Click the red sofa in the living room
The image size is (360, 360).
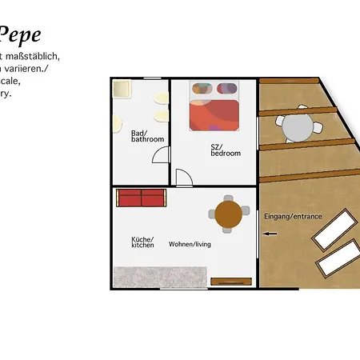(140, 197)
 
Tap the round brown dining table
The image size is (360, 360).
(228, 214)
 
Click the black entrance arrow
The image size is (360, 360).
(270, 234)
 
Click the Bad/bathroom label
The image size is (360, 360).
(147, 136)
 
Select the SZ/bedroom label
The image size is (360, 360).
(225, 150)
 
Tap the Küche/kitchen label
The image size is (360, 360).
(142, 242)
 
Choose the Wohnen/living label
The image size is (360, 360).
(190, 244)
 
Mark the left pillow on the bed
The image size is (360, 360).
(202, 88)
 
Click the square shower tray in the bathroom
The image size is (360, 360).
(122, 89)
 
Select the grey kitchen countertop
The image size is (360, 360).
(160, 277)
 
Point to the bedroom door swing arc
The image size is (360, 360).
(184, 177)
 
